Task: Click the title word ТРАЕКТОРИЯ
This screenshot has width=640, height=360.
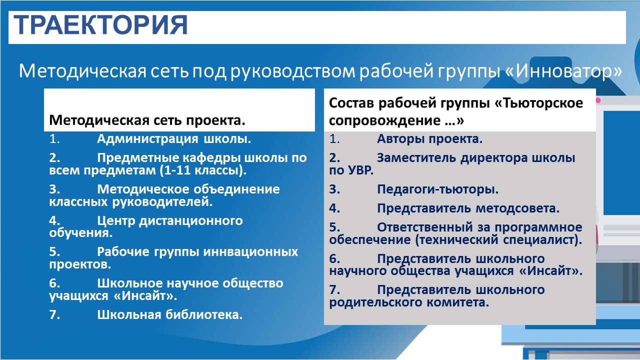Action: [x=100, y=25]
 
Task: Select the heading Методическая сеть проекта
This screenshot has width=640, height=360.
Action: [x=147, y=120]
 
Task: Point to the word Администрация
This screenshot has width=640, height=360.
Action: [x=147, y=139]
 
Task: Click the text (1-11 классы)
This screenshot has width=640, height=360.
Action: [x=203, y=170]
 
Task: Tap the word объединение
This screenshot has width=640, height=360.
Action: [x=236, y=189]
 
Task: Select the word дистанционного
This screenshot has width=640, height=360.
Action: [x=191, y=221]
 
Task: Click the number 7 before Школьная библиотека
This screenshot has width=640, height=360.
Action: [x=54, y=315]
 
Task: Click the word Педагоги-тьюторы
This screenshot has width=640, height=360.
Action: [x=437, y=189]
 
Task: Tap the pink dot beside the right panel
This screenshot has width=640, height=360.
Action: [x=598, y=100]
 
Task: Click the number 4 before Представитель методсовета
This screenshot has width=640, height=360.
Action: [x=334, y=208]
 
